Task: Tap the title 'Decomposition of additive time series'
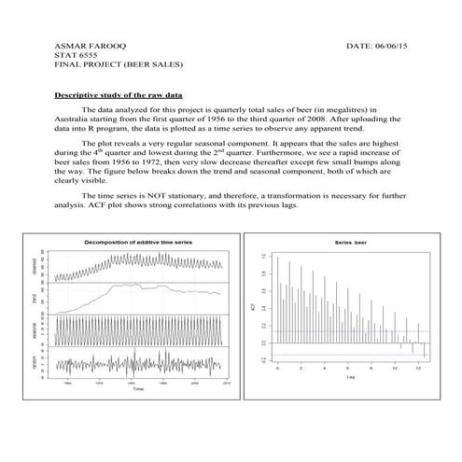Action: point(137,243)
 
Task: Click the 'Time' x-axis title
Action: point(138,388)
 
